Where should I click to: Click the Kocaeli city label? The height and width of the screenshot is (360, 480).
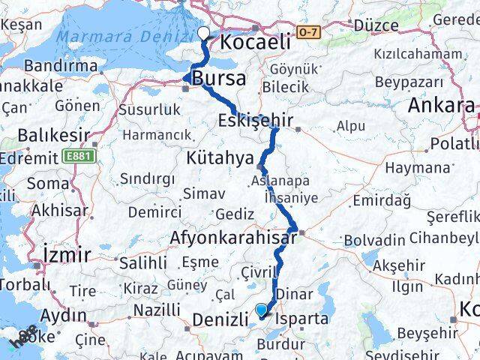click(x=255, y=43)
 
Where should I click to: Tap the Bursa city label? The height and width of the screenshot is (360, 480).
click(x=218, y=79)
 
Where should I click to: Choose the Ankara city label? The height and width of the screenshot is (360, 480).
click(x=441, y=106)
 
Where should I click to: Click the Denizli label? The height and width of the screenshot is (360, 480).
click(x=220, y=320)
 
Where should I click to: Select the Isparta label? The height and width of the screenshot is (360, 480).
click(x=302, y=319)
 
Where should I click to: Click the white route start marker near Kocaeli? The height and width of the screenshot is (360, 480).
click(x=203, y=33)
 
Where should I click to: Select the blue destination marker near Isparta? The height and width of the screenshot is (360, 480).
click(x=261, y=309)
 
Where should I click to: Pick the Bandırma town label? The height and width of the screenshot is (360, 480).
click(x=60, y=66)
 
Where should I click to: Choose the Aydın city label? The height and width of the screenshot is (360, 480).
click(x=65, y=314)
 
